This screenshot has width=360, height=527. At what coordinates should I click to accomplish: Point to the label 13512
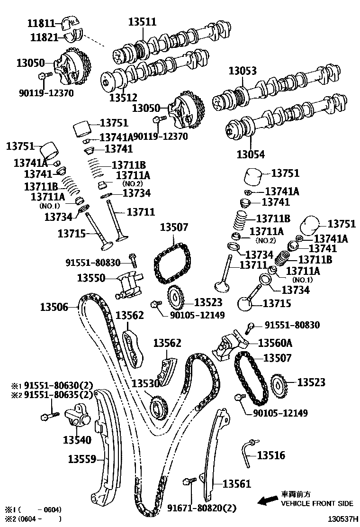click(123, 98)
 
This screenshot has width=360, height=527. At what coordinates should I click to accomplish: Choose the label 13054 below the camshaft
click(251, 154)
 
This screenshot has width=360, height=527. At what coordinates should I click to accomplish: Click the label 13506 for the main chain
click(54, 307)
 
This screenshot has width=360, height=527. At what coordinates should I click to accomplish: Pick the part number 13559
click(82, 459)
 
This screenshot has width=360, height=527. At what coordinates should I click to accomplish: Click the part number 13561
click(236, 484)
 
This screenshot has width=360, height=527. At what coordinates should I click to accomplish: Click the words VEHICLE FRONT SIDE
click(317, 503)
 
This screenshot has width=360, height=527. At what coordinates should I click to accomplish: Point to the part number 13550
click(91, 278)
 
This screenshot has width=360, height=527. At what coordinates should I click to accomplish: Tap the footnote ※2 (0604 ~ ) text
click(33, 519)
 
